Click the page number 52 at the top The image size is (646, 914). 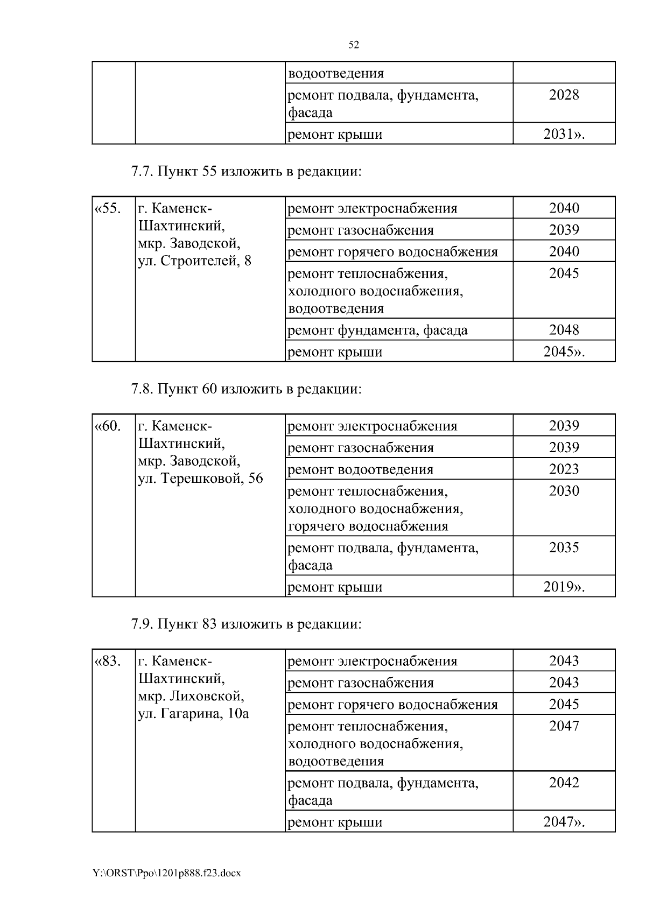click(x=354, y=45)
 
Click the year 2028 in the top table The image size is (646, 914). click(x=564, y=95)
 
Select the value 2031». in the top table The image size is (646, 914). click(x=564, y=134)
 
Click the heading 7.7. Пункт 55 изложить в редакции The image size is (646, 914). click(x=246, y=172)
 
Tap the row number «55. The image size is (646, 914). click(x=108, y=208)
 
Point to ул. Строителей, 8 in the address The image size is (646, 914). click(x=194, y=262)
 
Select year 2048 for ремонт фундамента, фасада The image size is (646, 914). click(x=564, y=329)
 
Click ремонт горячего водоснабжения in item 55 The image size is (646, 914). click(x=392, y=252)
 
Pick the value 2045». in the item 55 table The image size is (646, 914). click(x=564, y=351)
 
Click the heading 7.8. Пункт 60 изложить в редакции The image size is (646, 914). click(x=246, y=389)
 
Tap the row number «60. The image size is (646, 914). click(x=108, y=426)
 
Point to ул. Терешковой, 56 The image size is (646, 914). click(x=200, y=479)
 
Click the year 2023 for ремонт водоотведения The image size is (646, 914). click(x=564, y=469)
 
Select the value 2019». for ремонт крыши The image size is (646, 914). click(x=564, y=587)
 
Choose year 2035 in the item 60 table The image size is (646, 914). click(x=564, y=547)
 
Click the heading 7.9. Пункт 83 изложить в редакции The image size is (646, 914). click(x=246, y=624)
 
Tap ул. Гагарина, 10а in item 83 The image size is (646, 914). click(x=193, y=714)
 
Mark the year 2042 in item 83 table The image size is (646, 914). click(x=564, y=783)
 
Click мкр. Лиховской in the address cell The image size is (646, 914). click(x=191, y=696)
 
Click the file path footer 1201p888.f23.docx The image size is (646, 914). click(x=166, y=873)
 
